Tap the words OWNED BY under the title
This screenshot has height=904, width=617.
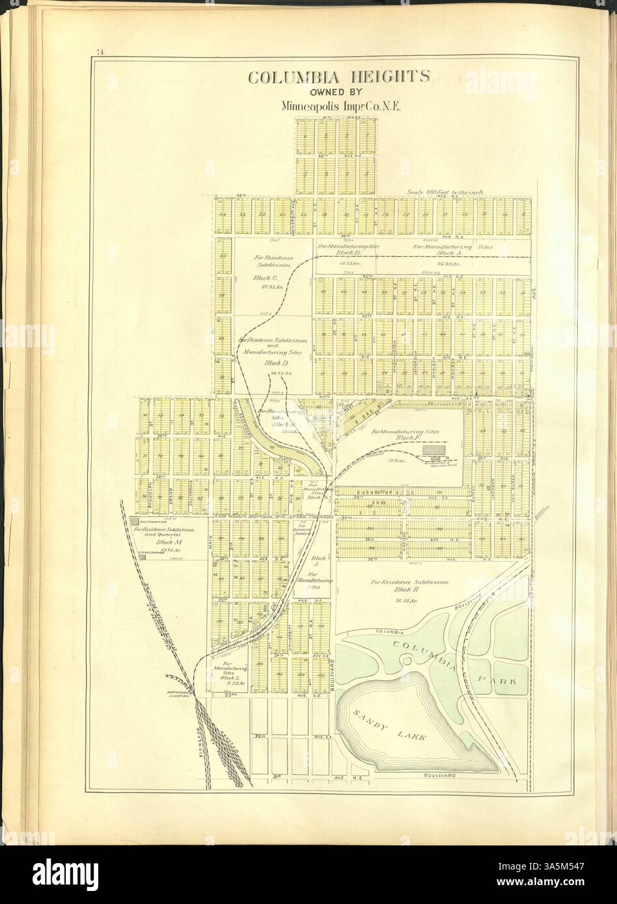tap(338, 91)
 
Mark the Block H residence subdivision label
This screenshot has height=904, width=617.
tap(410, 591)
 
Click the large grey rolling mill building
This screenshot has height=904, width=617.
tap(430, 449)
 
